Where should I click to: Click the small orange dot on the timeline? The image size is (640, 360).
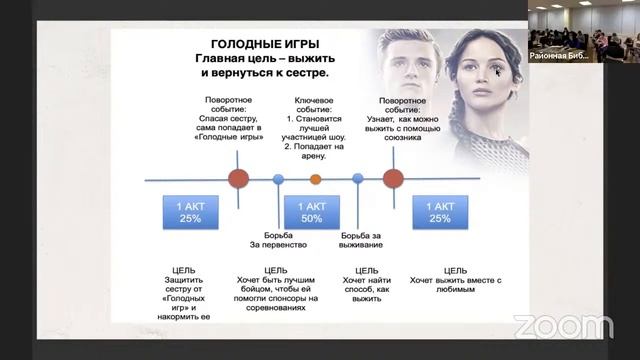(x=316, y=180)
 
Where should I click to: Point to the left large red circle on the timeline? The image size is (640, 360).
(x=238, y=180)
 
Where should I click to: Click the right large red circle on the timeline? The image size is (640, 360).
(x=393, y=180)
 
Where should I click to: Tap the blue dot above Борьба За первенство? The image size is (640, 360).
(x=279, y=180)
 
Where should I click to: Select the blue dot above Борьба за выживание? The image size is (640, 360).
(x=358, y=180)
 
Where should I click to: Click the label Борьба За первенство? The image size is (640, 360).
(x=278, y=237)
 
